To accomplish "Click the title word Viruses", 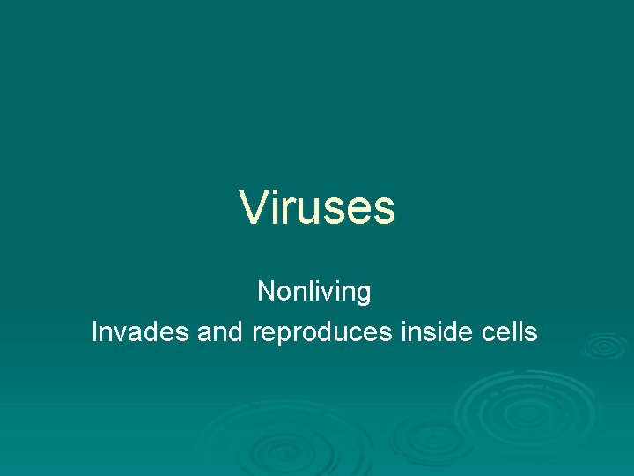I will pyautogui.click(x=317, y=207).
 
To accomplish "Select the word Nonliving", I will pyautogui.click(x=314, y=292).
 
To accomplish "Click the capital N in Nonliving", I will pyautogui.click(x=266, y=291).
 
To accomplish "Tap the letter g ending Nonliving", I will pyautogui.click(x=363, y=294).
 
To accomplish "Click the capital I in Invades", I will pyautogui.click(x=96, y=332).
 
